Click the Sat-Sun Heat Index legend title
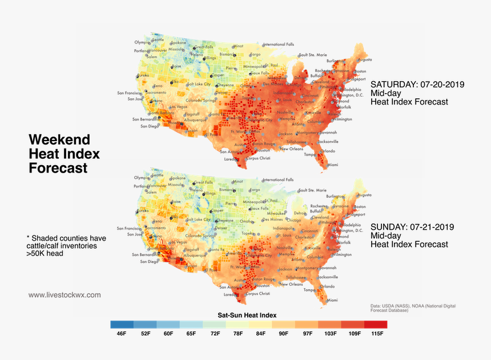(247, 315)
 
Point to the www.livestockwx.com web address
(65, 295)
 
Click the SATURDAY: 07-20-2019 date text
(417, 84)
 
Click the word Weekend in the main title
(59, 139)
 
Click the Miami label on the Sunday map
(332, 300)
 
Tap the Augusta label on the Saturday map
(364, 59)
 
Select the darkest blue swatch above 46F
(122, 324)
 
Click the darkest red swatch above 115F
(375, 324)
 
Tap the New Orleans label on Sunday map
(291, 284)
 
